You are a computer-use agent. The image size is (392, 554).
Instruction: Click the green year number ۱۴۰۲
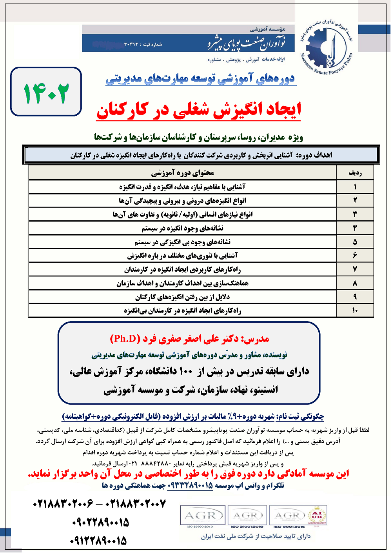tap(46, 93)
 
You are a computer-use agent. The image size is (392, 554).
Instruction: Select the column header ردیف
tap(355, 173)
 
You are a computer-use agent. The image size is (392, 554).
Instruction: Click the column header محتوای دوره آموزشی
tap(183, 173)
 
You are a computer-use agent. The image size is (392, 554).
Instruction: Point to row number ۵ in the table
tap(355, 242)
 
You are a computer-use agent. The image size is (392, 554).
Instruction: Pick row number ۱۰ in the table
tap(355, 311)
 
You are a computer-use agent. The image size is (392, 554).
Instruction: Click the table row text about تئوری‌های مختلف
tap(183, 256)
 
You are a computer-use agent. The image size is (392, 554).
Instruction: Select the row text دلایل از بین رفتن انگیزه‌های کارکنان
tap(183, 297)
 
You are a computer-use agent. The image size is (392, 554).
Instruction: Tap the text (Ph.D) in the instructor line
tap(125, 339)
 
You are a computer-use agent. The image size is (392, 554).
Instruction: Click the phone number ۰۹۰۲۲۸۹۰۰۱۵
tap(100, 522)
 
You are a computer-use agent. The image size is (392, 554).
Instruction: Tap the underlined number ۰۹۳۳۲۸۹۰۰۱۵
tap(190, 486)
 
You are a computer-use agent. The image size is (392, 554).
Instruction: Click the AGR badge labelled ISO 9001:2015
tap(289, 516)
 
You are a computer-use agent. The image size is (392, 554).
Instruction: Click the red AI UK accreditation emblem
tap(317, 515)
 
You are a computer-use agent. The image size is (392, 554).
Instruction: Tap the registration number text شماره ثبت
tap(143, 44)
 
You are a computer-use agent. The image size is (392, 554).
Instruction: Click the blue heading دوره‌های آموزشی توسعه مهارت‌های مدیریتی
tap(200, 79)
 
